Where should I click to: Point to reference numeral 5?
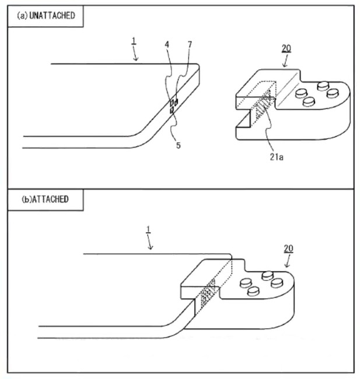178,145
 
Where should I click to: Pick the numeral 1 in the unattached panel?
134,41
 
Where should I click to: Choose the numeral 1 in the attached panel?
149,231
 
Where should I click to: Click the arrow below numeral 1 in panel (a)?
135,54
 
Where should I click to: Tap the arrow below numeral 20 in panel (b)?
288,261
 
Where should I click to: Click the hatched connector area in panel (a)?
263,103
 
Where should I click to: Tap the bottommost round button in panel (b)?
253,292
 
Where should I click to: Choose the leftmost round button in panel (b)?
246,283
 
